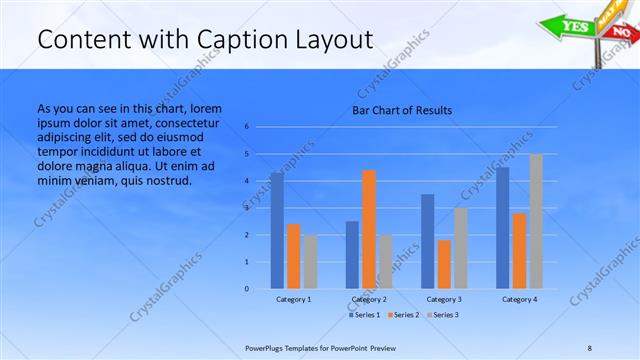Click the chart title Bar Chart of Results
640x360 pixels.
point(402,110)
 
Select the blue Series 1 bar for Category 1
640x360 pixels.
point(277,230)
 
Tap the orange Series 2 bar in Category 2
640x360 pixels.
point(369,229)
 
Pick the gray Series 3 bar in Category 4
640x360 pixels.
point(536,221)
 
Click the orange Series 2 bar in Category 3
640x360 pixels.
point(444,264)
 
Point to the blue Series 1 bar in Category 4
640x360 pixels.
point(503,228)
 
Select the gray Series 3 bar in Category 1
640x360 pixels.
point(310,261)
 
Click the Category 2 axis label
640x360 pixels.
point(369,299)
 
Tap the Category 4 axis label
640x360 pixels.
point(519,299)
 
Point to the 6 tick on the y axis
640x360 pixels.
point(246,127)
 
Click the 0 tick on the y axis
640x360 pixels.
point(246,289)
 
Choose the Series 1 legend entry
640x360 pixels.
point(366,315)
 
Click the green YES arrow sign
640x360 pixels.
point(572,25)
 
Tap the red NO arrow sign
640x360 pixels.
point(621,33)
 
